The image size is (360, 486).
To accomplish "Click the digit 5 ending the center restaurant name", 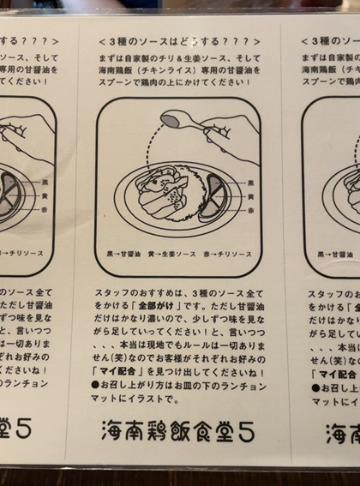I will click(x=246, y=431).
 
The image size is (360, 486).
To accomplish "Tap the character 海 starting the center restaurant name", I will click(x=114, y=431).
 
